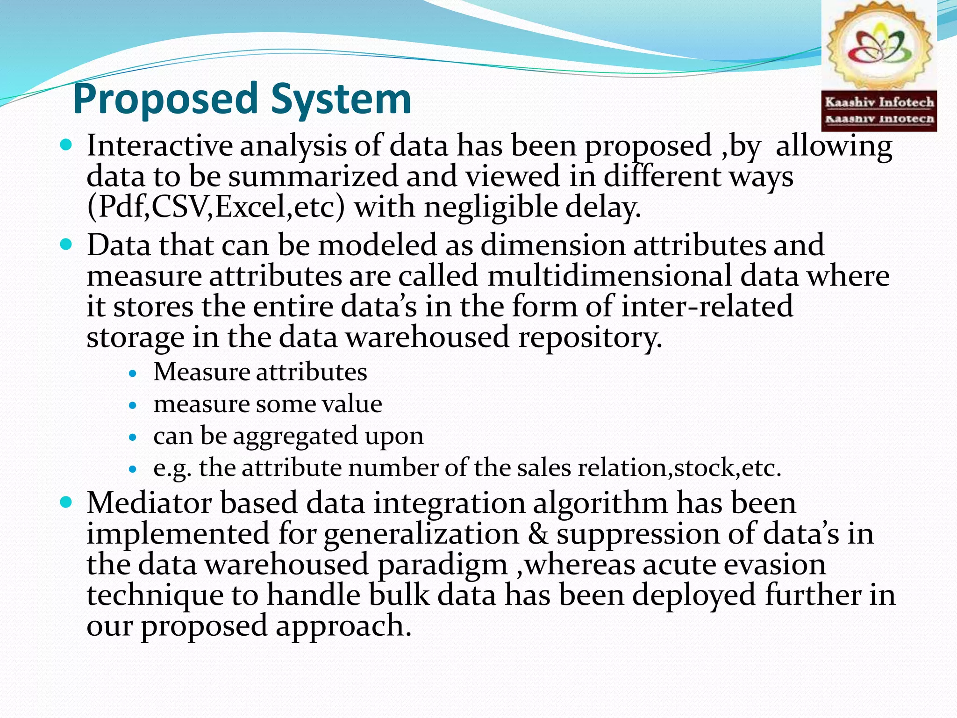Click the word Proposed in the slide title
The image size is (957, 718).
[166, 99]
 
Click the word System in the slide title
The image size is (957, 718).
[341, 99]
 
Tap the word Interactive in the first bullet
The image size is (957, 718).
[159, 146]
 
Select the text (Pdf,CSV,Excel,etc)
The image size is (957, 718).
[216, 207]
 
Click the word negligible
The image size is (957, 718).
[491, 207]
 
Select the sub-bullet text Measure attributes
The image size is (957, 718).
[260, 373]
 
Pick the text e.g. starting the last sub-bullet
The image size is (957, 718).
[172, 468]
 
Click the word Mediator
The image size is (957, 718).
[148, 503]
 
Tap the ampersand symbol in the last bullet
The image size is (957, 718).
[537, 534]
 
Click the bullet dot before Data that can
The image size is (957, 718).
[67, 244]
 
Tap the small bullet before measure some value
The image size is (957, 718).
[134, 405]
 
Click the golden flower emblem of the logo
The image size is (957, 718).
[878, 47]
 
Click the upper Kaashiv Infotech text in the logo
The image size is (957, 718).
[879, 102]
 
